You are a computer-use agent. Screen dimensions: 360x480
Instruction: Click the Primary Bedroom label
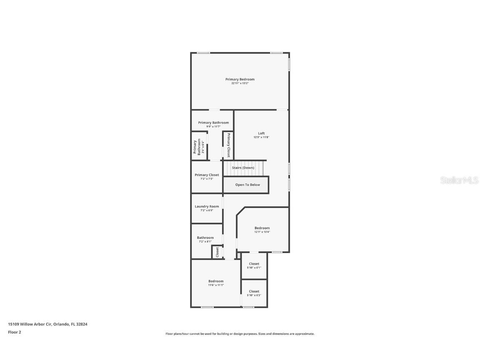pos(240,79)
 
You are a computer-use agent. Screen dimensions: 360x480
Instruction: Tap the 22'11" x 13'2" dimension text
pos(240,83)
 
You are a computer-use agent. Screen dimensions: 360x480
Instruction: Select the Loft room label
pos(261,133)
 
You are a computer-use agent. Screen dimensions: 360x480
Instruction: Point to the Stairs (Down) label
pos(243,167)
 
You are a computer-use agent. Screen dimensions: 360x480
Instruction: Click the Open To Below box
pos(247,185)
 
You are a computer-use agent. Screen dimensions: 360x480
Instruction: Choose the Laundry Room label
pos(207,206)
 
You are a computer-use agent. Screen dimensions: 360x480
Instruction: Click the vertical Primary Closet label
pos(228,145)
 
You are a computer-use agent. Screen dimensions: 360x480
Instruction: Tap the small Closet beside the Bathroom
pos(217,252)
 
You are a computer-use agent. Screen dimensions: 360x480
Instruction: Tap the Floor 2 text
pos(14,332)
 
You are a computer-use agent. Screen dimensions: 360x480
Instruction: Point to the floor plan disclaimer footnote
pos(240,334)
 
